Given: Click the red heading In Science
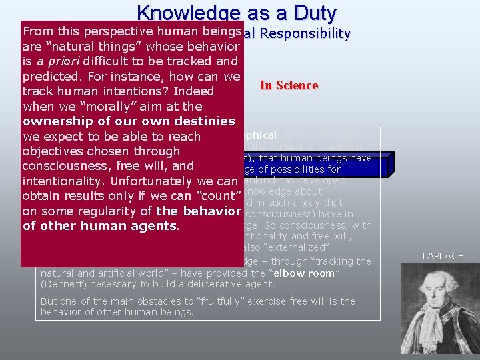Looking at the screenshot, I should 289,85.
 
